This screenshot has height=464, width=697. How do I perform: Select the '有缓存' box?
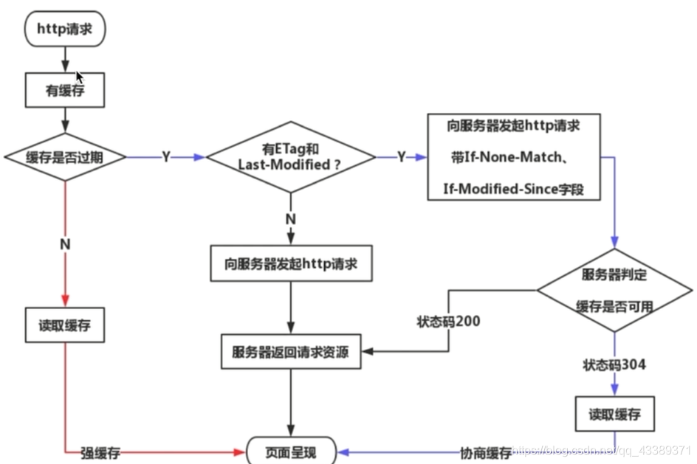[65, 91]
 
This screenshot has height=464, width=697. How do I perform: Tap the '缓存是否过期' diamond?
[65, 156]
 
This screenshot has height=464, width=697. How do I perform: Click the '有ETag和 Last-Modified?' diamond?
[290, 157]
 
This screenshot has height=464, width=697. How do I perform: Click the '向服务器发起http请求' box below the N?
[290, 263]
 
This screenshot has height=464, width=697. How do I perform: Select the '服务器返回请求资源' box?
[290, 352]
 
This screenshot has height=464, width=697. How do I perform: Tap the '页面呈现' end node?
[290, 451]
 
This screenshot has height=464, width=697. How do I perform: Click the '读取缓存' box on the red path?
[65, 325]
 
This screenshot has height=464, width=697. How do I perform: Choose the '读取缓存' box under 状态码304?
[615, 414]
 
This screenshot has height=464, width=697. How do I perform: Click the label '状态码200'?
[447, 322]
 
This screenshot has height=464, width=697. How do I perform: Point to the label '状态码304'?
[614, 365]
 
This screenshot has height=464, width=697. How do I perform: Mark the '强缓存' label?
[100, 452]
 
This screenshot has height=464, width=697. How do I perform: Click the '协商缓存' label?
[484, 452]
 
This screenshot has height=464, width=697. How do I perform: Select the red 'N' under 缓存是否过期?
[65, 243]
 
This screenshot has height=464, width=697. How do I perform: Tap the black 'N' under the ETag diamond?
[290, 218]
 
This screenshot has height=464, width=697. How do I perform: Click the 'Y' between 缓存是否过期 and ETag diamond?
[166, 157]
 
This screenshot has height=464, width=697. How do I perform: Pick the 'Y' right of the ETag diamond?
[401, 157]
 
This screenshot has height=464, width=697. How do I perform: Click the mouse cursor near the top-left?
[80, 77]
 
